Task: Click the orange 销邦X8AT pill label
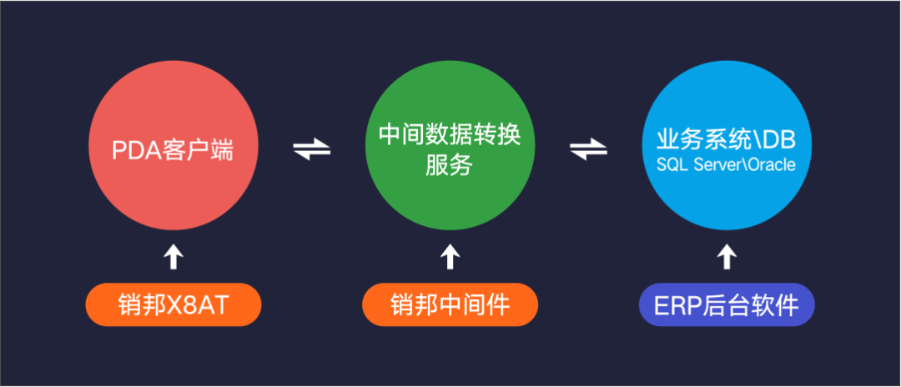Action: pos(173,306)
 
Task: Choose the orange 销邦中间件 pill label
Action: pos(450,306)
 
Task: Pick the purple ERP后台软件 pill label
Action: pos(726,306)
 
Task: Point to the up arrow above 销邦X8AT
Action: pos(173,257)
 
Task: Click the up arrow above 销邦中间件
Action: pos(450,257)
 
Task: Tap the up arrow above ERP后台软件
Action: pos(727,257)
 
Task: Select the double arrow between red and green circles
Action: pos(311,150)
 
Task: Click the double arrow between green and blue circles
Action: pos(588,150)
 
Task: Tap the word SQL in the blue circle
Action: pos(670,165)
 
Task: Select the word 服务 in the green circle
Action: pos(450,166)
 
